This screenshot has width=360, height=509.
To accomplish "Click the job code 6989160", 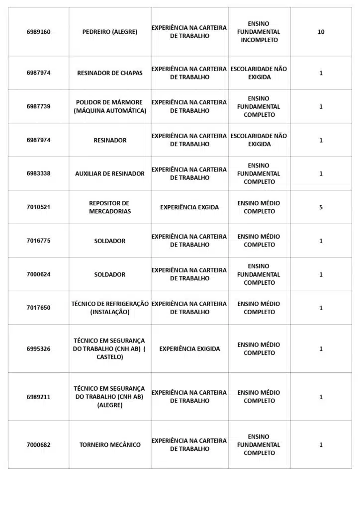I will tap(38, 32).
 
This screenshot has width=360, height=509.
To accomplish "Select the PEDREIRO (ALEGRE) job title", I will tap(110, 32).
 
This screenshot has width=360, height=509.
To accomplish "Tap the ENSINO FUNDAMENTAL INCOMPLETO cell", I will tap(259, 32).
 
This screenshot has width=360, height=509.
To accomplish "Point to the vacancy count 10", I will tap(321, 32).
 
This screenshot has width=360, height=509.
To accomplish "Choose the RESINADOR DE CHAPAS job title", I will tap(110, 73).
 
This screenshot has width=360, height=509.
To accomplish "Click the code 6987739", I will tap(38, 106).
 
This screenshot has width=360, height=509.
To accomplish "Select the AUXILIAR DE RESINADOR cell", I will tap(110, 173).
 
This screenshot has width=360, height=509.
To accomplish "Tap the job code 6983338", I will tap(38, 173).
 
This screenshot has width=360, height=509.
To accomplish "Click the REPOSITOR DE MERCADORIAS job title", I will tap(110, 207).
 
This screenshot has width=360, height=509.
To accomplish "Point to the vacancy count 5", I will tap(321, 207).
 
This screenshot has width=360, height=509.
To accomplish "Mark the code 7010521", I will tap(38, 207).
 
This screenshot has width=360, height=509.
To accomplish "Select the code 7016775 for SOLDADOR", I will tap(38, 241).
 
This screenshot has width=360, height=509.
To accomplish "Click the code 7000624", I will tap(38, 274).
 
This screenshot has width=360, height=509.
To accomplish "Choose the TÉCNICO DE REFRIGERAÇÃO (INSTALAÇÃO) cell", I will tap(110, 308).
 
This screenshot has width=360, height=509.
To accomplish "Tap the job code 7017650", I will tap(38, 308).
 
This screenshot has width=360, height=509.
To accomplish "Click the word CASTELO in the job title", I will tap(110, 357).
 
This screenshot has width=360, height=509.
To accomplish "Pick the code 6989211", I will tap(38, 397).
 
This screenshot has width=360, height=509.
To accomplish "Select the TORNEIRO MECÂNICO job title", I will tap(110, 445).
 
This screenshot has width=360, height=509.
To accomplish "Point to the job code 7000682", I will tap(38, 445).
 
